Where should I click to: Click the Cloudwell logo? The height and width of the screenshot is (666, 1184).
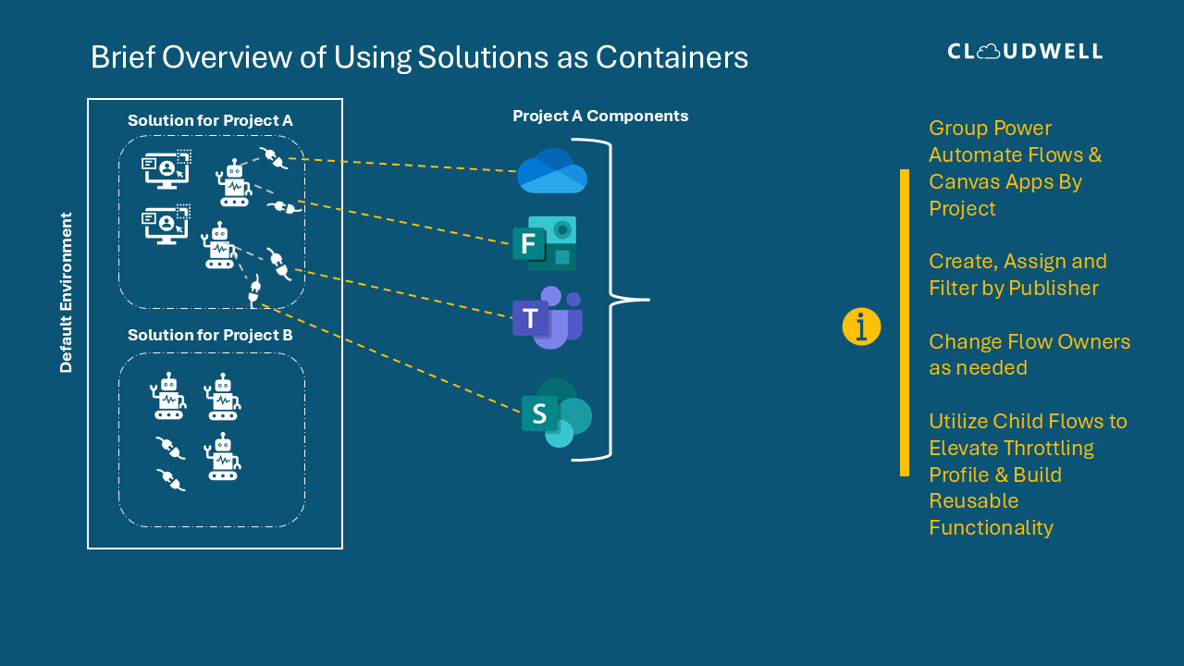click(x=1025, y=51)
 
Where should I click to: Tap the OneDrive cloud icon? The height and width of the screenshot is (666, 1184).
click(x=552, y=171)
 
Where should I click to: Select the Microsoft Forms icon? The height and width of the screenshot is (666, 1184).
click(x=545, y=243)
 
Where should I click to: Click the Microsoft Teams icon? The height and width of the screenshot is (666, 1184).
click(x=548, y=317)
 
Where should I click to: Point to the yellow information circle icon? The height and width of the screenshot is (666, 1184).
click(x=861, y=327)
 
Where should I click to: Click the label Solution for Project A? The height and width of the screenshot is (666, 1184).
click(x=210, y=120)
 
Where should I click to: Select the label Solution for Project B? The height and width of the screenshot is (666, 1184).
click(x=210, y=335)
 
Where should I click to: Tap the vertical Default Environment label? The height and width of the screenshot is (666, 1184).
click(x=66, y=292)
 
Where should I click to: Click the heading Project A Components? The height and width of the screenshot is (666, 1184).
click(x=600, y=116)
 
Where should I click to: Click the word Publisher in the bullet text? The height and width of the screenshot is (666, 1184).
click(x=1054, y=288)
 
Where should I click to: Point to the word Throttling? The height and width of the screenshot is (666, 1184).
click(x=1049, y=448)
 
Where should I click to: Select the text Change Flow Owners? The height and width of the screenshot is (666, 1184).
click(x=1030, y=341)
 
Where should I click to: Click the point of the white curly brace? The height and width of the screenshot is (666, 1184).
click(x=647, y=300)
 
